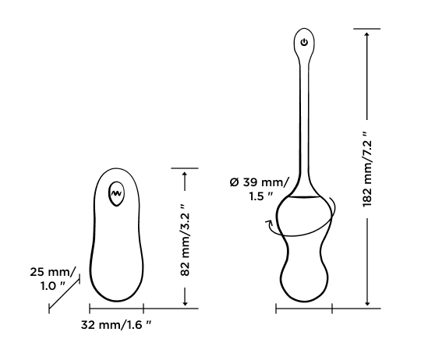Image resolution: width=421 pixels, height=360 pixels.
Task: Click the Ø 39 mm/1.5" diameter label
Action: pos(259,189)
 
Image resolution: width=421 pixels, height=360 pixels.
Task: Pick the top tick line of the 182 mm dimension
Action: pos(367,29)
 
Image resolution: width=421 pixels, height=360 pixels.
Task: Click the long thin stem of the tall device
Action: pos(304,117)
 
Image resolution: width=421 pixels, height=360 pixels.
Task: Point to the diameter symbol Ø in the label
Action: pos(233,182)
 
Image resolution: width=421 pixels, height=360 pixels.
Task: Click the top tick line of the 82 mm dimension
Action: pos(185,167)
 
